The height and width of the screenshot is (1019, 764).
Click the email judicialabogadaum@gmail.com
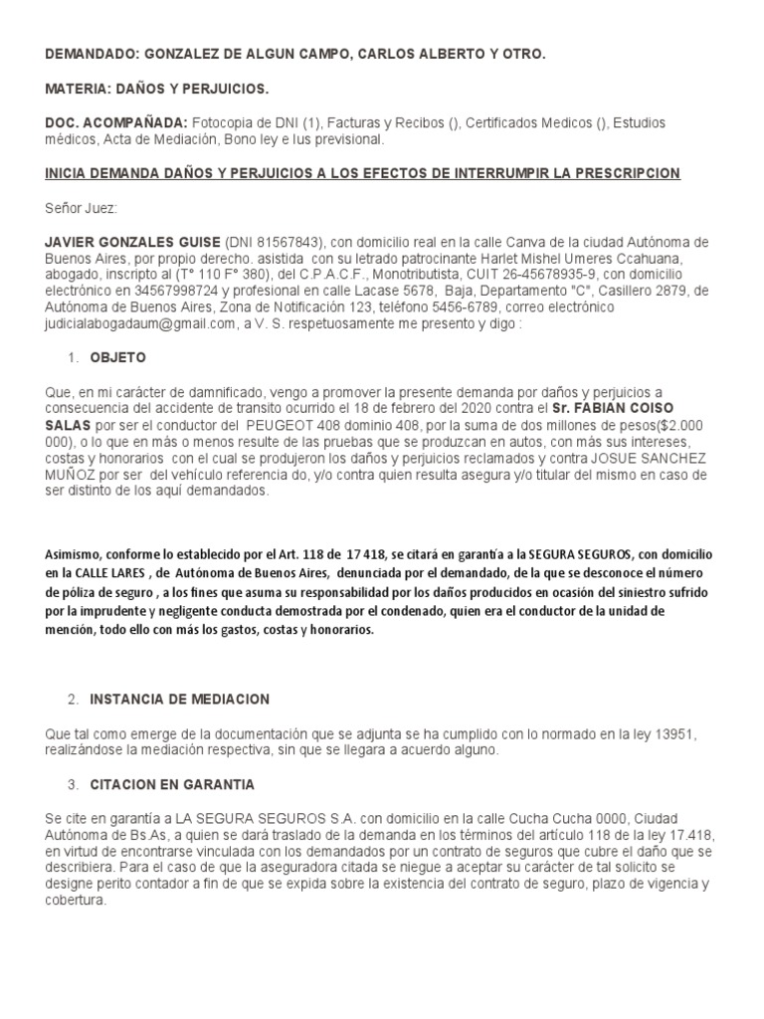click(x=139, y=323)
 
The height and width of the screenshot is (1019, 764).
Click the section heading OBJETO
click(x=117, y=357)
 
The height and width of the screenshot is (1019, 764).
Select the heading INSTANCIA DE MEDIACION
click(x=179, y=700)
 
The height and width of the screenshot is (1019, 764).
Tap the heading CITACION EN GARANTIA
click(x=172, y=785)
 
